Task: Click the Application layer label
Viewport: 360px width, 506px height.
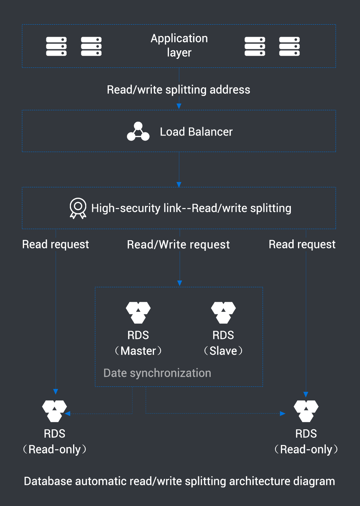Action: click(179, 45)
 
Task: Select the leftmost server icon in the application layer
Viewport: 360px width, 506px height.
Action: click(56, 46)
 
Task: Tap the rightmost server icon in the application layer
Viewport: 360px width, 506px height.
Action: click(289, 46)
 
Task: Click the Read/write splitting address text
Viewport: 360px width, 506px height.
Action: click(178, 90)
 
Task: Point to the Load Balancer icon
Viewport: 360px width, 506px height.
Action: click(138, 132)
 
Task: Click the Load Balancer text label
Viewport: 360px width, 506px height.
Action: click(196, 132)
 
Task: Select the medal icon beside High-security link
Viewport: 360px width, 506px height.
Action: click(78, 208)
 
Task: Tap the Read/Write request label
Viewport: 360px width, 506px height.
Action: click(178, 245)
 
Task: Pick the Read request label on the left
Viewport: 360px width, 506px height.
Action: click(56, 244)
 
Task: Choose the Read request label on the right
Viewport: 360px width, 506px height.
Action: click(302, 244)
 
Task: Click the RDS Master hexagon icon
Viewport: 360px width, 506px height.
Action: click(138, 312)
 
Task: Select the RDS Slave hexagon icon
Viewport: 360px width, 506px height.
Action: click(223, 312)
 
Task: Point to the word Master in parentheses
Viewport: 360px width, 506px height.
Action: click(138, 351)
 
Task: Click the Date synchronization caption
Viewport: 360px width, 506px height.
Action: click(157, 373)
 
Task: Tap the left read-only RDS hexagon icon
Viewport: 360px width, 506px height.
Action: click(55, 411)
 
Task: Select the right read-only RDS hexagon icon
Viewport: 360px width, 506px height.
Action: click(306, 411)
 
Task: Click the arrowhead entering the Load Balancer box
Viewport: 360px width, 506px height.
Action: click(179, 106)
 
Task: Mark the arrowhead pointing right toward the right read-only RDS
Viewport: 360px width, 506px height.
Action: click(283, 414)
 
